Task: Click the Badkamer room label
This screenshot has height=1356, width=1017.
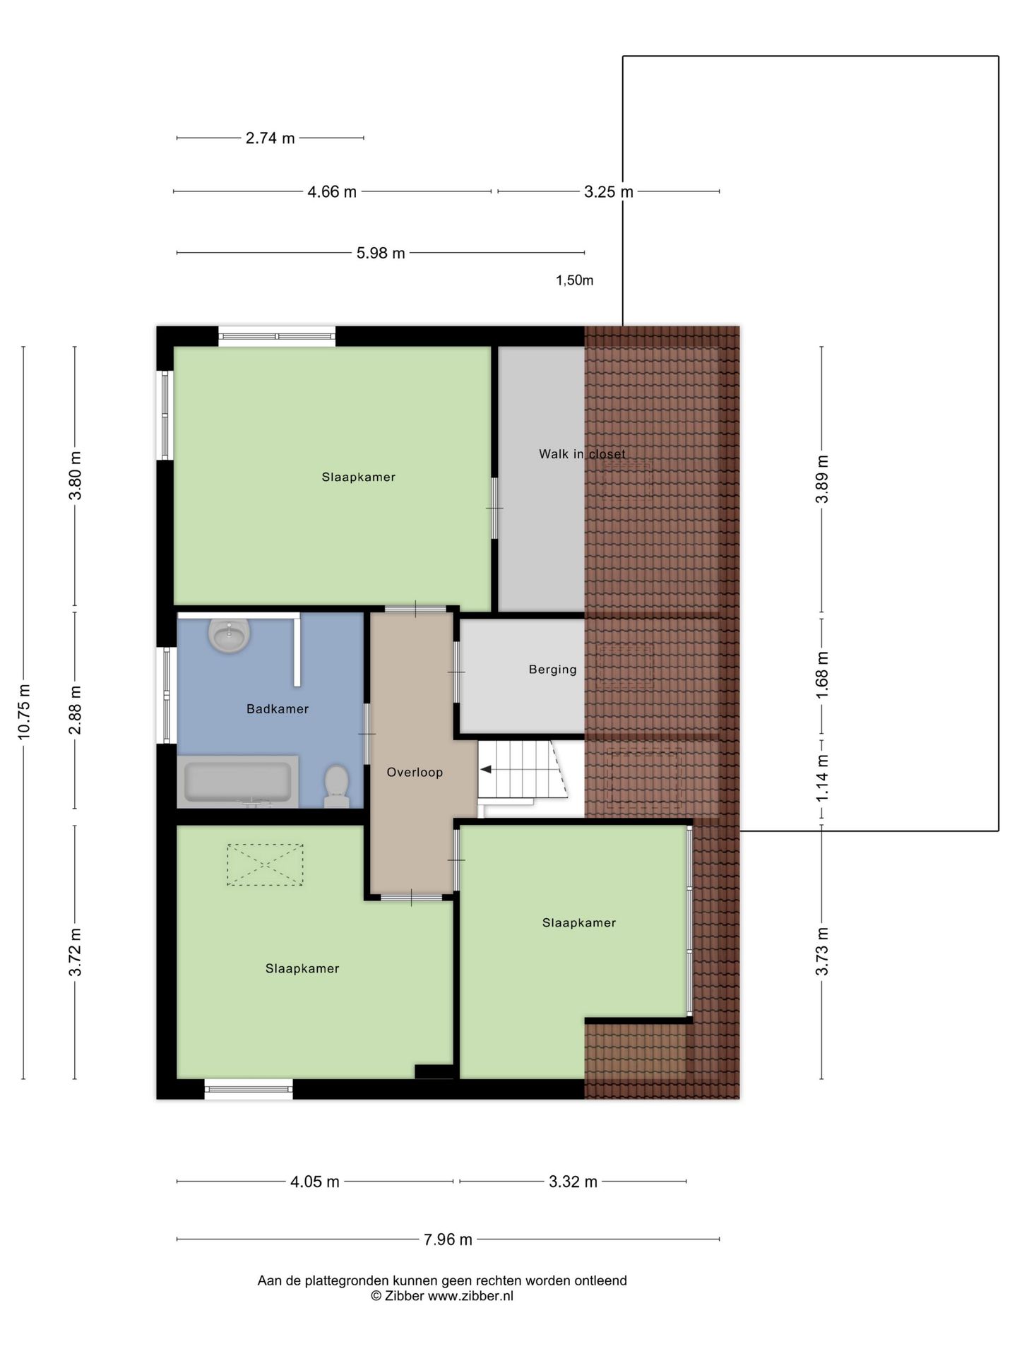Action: pyautogui.click(x=277, y=709)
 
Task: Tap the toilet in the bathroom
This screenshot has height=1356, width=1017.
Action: pyautogui.click(x=336, y=785)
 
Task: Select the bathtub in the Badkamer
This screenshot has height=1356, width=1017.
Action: pyautogui.click(x=237, y=782)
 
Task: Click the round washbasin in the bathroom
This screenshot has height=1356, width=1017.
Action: pyautogui.click(x=229, y=635)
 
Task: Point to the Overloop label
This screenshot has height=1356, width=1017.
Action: pyautogui.click(x=415, y=773)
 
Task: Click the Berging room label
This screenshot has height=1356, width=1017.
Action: pyautogui.click(x=552, y=670)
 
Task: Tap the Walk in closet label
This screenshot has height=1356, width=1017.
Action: pyautogui.click(x=581, y=454)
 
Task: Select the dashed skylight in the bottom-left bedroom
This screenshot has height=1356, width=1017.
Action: pyautogui.click(x=265, y=864)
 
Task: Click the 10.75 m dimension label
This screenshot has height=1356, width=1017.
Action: pyautogui.click(x=24, y=712)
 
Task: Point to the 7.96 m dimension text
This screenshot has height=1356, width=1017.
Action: pyautogui.click(x=448, y=1239)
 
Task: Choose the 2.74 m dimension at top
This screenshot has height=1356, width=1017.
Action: pyautogui.click(x=270, y=138)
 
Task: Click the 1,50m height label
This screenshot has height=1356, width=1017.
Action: pyautogui.click(x=574, y=280)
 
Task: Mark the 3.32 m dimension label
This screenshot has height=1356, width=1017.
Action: pyautogui.click(x=573, y=1182)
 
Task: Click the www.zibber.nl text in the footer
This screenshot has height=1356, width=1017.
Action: pyautogui.click(x=470, y=1296)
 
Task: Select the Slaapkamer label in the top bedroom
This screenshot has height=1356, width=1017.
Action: pyautogui.click(x=358, y=477)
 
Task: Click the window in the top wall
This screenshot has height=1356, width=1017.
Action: pyautogui.click(x=276, y=336)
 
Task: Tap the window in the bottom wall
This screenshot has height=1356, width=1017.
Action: pyautogui.click(x=249, y=1089)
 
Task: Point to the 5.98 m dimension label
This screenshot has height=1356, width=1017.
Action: pyautogui.click(x=380, y=253)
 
